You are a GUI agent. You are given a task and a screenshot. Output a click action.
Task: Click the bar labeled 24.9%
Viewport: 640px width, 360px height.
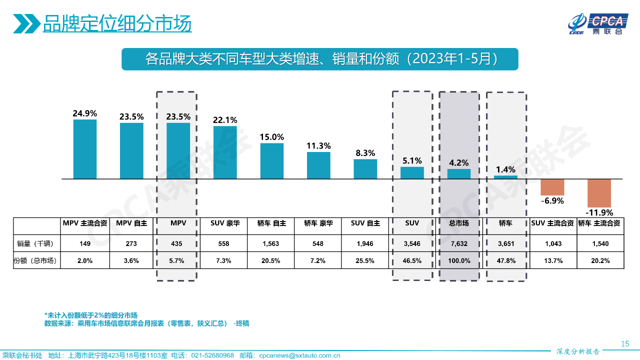coord(85,149)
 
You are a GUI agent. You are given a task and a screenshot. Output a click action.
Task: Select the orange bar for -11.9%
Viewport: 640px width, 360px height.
coord(599,192)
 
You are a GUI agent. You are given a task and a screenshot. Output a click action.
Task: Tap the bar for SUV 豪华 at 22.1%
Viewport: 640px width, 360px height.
coord(225,152)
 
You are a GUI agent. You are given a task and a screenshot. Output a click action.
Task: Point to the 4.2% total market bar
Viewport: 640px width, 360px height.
coord(458,173)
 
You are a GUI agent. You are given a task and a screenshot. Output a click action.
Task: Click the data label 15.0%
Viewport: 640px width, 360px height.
coord(272,137)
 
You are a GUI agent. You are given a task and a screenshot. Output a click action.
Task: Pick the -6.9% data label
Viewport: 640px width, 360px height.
coord(552,201)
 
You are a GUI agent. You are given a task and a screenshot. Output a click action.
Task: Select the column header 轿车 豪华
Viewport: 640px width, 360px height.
coord(318,223)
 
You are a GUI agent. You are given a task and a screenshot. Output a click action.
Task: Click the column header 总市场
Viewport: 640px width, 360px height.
coord(458,223)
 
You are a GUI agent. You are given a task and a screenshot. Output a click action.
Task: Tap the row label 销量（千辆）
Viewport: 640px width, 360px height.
coord(35,244)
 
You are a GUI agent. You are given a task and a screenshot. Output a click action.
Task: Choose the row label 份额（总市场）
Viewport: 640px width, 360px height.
coord(35,260)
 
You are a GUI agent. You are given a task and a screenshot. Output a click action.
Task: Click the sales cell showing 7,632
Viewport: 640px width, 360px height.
coord(458,244)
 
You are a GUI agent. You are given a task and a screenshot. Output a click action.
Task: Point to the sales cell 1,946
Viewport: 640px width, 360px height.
coord(365,244)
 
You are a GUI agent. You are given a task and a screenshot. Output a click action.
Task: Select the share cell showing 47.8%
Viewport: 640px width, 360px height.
coord(506,260)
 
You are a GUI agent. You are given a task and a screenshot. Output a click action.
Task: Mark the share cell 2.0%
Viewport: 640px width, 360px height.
coord(85,260)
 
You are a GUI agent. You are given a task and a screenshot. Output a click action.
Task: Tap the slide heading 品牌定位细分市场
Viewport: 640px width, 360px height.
coord(117,23)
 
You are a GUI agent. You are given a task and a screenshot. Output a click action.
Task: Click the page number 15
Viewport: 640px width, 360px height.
coord(624,343)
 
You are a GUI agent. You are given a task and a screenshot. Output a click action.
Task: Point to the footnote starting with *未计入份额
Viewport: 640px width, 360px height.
coord(91,315)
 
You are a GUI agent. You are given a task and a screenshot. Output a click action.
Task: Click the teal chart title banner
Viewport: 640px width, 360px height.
coord(320,59)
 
